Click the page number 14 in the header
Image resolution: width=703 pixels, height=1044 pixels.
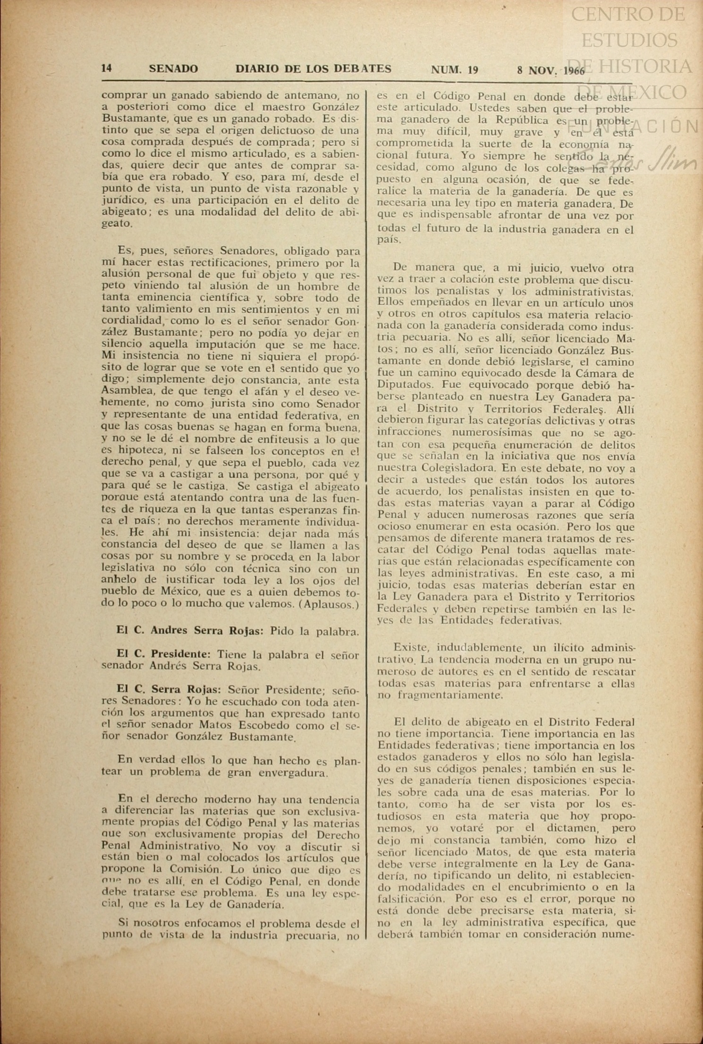(106, 68)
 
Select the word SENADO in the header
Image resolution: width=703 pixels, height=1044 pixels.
(173, 69)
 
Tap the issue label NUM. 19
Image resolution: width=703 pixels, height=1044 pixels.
(454, 70)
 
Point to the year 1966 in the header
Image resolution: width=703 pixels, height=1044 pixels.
(573, 71)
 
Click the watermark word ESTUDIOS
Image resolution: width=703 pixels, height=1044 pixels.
(629, 40)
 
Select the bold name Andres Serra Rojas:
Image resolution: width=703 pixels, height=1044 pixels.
(207, 631)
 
